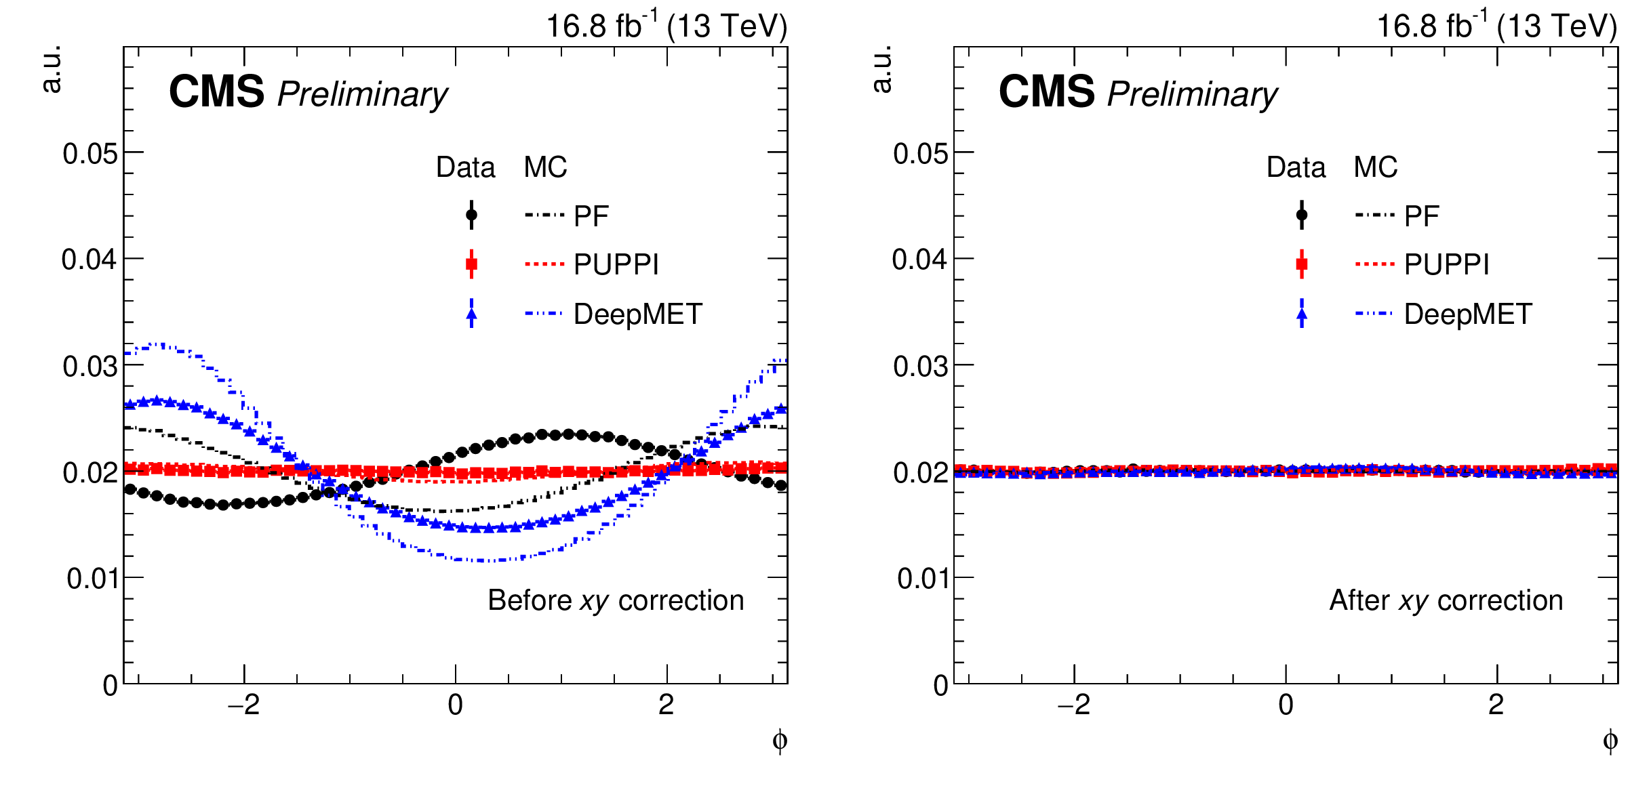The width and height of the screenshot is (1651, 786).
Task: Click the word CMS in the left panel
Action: pos(216,92)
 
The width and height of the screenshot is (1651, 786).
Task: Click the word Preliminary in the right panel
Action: pos(1192,94)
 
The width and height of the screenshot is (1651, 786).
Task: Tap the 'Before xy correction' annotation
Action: pos(616,601)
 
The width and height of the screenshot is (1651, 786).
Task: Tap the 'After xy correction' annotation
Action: pos(1446,601)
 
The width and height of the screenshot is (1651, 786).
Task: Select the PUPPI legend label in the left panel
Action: pos(616,264)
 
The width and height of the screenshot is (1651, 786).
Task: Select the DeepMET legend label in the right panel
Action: pos(1468,314)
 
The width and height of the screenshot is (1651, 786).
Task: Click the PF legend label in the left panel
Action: pos(591,216)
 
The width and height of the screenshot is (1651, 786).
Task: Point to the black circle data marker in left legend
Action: pos(471,215)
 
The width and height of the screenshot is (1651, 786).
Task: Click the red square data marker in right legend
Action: pos(1301,264)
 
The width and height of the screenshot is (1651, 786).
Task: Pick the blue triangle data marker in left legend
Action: pos(471,314)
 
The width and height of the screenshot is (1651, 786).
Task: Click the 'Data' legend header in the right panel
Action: pos(1296,167)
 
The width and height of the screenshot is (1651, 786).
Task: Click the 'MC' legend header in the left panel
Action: pos(545,167)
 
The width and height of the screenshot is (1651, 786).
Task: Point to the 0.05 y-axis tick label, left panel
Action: pos(90,154)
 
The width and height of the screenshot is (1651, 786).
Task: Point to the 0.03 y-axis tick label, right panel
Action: pos(920,367)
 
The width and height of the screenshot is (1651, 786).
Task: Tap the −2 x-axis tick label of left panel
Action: pos(244,706)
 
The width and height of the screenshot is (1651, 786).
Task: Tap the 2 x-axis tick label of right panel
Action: pos(1496,706)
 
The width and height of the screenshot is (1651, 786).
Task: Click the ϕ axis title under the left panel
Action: pos(780,741)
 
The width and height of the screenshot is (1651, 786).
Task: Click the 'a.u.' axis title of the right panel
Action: pos(882,68)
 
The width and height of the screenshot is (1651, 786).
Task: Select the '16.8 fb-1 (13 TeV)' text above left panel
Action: pos(667,27)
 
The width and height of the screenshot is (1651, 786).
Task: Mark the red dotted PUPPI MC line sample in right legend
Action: pos(1374,264)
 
